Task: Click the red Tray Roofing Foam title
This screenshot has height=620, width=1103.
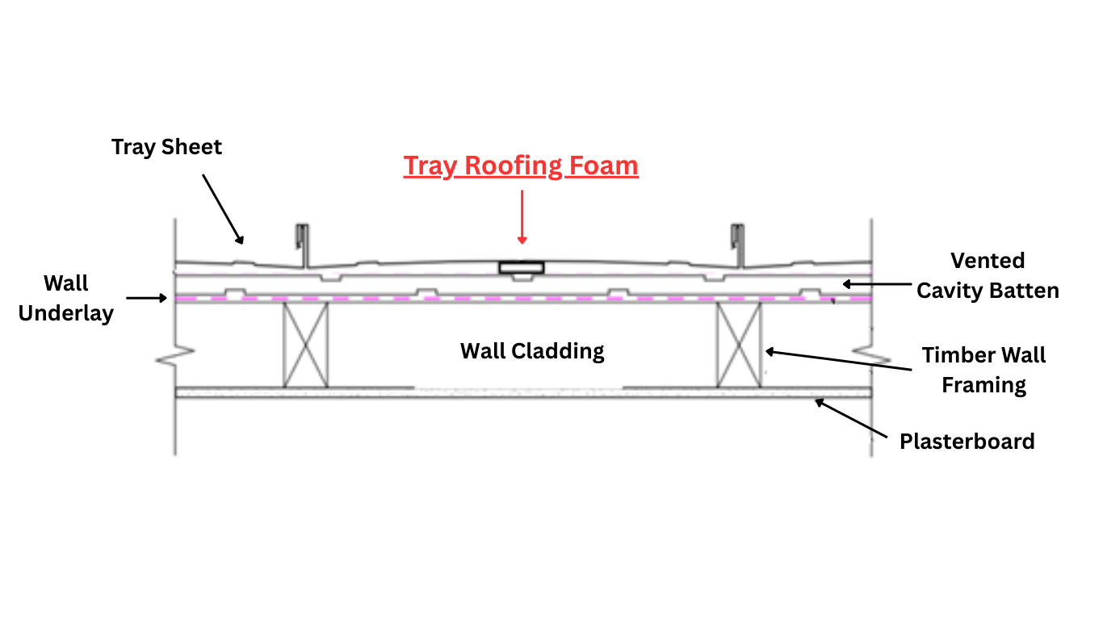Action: click(521, 166)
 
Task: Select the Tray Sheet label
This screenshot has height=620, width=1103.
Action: click(166, 147)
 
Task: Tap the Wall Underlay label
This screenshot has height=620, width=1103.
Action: click(66, 299)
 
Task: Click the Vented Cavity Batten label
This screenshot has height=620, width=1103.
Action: click(988, 276)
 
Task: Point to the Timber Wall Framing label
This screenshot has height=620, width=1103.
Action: click(983, 370)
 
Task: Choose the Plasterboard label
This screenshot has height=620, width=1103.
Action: click(967, 442)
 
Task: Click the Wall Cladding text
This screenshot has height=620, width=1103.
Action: click(532, 351)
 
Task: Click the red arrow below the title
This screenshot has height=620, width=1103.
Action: click(522, 216)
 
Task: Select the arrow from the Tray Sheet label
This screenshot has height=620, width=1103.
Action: click(222, 207)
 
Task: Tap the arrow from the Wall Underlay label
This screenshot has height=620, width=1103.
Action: click(147, 298)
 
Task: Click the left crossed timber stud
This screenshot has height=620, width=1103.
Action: click(305, 345)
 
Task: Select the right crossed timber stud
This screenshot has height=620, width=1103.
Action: click(739, 345)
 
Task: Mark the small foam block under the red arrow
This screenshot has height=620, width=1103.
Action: click(521, 267)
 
